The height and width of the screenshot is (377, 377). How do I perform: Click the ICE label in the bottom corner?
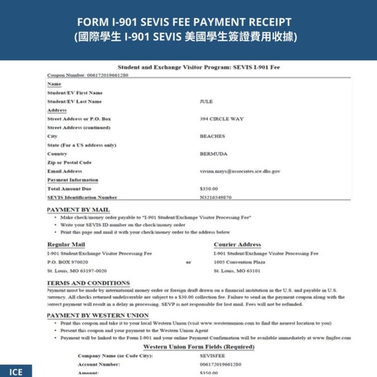tap(16, 372)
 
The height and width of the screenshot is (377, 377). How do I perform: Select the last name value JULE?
tap(206, 102)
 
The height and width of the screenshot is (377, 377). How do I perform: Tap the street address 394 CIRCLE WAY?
tap(221, 119)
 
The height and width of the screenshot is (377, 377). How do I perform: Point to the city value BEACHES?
tap(212, 136)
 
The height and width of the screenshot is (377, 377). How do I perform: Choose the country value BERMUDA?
tap(214, 154)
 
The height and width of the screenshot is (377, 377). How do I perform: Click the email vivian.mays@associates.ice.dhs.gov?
tap(240, 171)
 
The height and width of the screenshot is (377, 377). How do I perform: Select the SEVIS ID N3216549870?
tap(215, 197)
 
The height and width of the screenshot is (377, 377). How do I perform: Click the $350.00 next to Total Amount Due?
tap(209, 188)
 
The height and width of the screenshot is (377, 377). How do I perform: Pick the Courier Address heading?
tap(237, 244)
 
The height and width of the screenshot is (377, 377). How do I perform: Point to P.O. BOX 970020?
tap(68, 262)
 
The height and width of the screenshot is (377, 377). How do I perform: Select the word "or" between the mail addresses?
tap(188, 262)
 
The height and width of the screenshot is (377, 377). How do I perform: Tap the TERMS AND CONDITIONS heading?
tap(88, 283)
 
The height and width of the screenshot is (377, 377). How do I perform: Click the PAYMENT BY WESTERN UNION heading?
tap(98, 315)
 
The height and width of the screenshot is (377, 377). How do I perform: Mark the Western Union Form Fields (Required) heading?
tap(198, 347)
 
